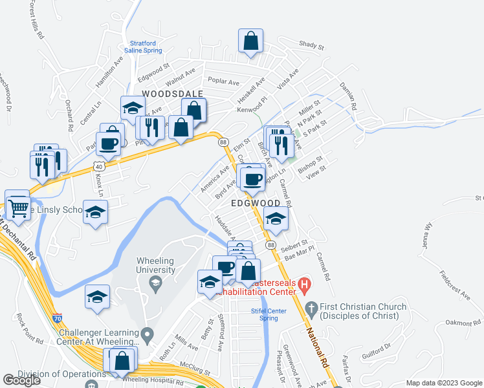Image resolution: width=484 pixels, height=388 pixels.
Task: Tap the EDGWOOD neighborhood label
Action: (256, 203)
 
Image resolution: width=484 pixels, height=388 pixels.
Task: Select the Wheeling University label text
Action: (155, 265)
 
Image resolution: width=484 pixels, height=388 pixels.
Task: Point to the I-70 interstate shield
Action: (58, 318)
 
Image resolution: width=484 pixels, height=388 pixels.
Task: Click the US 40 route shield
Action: (96, 166)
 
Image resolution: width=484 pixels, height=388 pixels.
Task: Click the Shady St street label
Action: (311, 46)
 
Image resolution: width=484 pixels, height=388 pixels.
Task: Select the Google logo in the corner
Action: (21, 380)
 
